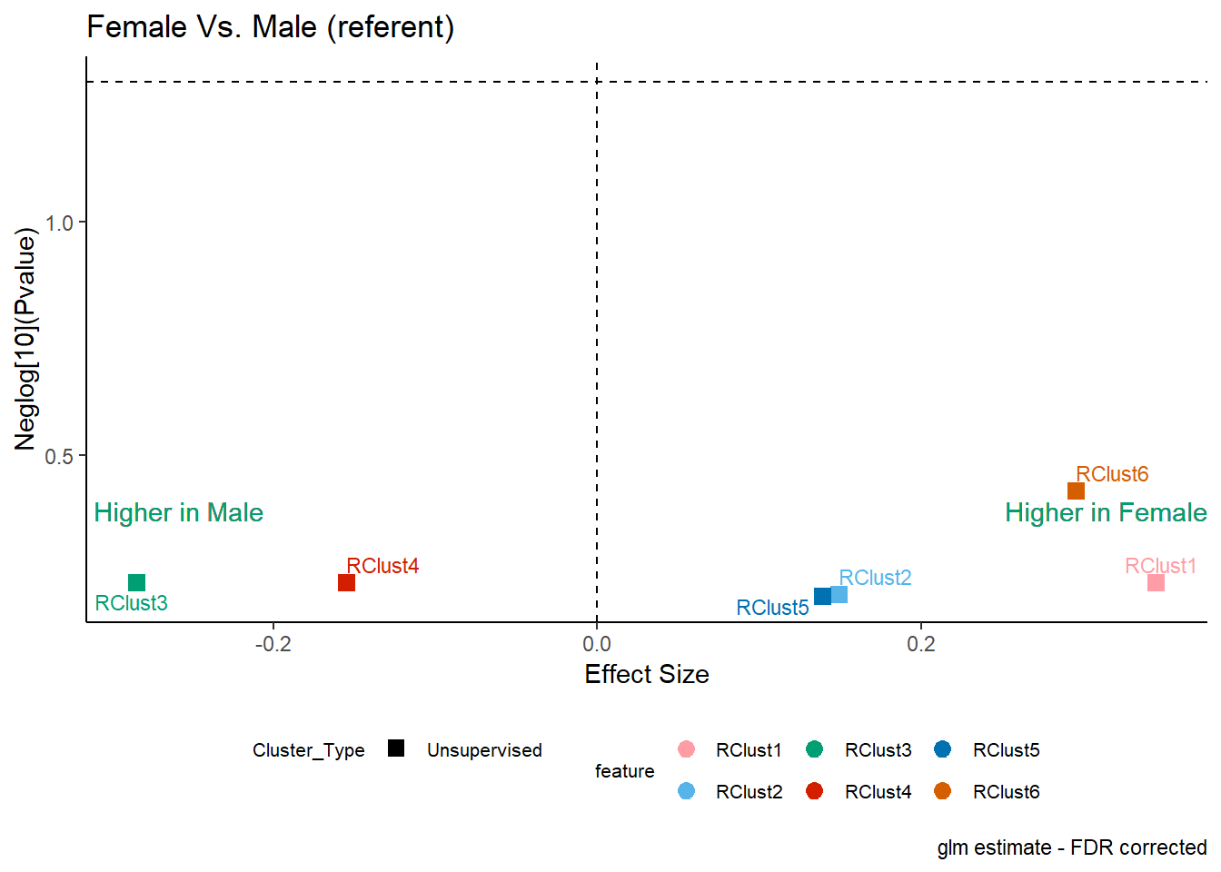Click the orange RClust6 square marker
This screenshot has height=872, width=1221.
coord(1076,491)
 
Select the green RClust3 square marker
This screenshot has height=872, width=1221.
coord(137,582)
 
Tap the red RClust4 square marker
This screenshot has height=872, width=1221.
coord(347,582)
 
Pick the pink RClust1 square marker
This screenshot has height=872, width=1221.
coord(1156,582)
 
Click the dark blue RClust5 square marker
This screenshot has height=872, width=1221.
coord(822,596)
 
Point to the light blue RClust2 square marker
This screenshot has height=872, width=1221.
coord(839,595)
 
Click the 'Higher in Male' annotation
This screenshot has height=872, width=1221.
coord(179,513)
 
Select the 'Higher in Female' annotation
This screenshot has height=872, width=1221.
coord(1106,513)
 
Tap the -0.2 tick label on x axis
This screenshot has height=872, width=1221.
coord(273,644)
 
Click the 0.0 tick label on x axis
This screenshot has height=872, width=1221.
coord(597,644)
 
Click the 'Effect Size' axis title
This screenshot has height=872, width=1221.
coord(647,675)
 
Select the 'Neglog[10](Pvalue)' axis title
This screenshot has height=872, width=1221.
coord(25,339)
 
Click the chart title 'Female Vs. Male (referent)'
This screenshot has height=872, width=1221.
coord(271,27)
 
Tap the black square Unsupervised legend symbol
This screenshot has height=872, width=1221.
coord(396,748)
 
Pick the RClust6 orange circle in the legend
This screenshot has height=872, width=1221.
coord(942,791)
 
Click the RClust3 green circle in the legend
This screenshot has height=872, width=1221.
coord(814,749)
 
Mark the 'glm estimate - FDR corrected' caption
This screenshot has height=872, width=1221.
coord(1072,848)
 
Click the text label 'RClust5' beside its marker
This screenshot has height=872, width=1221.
coord(772,608)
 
